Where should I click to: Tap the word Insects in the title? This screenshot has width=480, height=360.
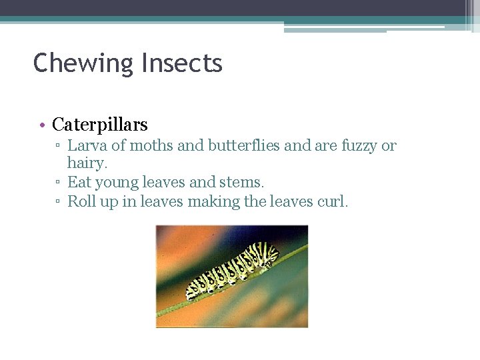181,63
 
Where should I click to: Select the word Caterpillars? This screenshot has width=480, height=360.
100,125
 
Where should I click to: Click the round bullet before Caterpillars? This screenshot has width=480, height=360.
41,125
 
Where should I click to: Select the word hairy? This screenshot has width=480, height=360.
87,163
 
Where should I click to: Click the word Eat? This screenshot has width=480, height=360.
79,181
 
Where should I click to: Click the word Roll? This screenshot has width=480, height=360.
82,201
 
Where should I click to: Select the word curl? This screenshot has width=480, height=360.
331,201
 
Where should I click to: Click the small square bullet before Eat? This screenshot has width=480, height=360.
59,182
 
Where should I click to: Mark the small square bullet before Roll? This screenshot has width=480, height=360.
59,201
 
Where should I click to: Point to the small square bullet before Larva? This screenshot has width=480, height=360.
59,146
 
